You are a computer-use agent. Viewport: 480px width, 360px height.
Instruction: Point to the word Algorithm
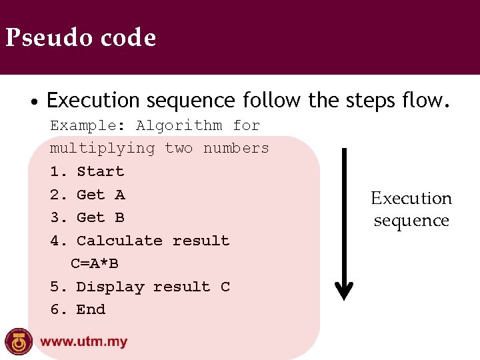click(179, 125)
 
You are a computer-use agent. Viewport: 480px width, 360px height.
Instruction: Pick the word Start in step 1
click(100, 171)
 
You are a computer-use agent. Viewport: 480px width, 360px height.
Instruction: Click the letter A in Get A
click(119, 195)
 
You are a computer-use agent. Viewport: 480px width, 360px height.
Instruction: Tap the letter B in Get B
click(119, 217)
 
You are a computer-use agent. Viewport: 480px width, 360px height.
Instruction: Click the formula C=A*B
click(95, 263)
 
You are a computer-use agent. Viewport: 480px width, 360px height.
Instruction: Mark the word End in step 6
click(91, 309)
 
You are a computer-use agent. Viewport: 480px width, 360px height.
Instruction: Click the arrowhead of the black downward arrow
click(344, 290)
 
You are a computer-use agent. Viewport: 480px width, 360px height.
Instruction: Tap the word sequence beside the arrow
click(411, 221)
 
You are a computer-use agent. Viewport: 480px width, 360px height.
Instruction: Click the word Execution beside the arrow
click(411, 198)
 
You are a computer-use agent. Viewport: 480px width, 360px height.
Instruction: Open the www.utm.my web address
click(84, 342)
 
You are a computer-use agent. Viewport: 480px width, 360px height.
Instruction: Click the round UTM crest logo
click(19, 341)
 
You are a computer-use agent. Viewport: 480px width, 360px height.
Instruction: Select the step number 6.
click(55, 309)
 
